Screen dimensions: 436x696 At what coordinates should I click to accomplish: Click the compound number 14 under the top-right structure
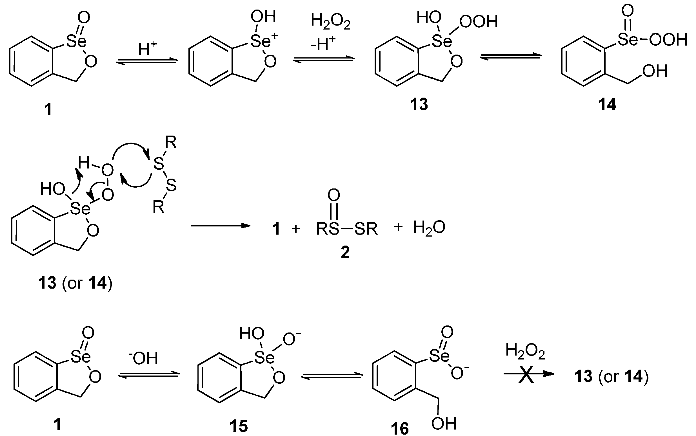pyautogui.click(x=607, y=104)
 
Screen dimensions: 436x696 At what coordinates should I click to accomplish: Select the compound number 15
pyautogui.click(x=239, y=426)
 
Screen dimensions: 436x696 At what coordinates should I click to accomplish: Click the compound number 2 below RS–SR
pyautogui.click(x=345, y=252)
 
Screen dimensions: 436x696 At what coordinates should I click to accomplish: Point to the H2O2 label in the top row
pyautogui.click(x=330, y=22)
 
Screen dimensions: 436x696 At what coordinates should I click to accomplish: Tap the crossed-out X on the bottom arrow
pyautogui.click(x=526, y=374)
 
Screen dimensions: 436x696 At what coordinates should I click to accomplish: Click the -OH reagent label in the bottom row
pyautogui.click(x=143, y=358)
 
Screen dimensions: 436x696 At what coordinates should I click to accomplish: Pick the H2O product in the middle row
pyautogui.click(x=429, y=228)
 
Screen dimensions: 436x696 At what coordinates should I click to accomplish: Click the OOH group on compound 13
pyautogui.click(x=479, y=22)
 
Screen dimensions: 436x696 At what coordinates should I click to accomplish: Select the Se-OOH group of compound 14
pyautogui.click(x=652, y=40)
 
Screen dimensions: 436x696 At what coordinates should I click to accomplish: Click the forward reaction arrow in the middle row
pyautogui.click(x=220, y=226)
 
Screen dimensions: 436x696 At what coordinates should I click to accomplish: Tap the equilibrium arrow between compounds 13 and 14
pyautogui.click(x=510, y=57)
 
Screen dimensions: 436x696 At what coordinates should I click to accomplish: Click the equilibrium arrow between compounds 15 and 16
pyautogui.click(x=332, y=376)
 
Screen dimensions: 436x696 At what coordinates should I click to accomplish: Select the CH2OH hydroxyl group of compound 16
pyautogui.click(x=444, y=423)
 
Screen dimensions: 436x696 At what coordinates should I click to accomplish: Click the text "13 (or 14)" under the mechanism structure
pyautogui.click(x=75, y=283)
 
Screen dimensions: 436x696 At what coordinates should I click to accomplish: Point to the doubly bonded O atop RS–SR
pyautogui.click(x=333, y=195)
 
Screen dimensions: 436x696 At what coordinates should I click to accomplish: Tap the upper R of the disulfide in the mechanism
pyautogui.click(x=171, y=142)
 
